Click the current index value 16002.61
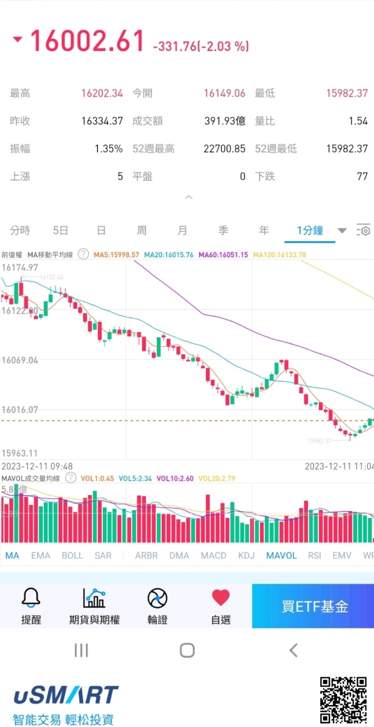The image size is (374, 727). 88,41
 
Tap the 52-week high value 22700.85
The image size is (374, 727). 224,149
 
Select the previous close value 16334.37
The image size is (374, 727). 102,121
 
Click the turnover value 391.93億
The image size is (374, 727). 225,121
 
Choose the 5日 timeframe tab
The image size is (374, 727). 60,231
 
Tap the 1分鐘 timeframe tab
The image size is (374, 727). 310,231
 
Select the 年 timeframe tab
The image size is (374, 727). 264,231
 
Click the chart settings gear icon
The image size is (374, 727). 364,231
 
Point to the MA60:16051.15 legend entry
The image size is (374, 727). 223,255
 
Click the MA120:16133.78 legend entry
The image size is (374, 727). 279,255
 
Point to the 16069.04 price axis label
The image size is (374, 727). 20,360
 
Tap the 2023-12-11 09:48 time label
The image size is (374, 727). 37,466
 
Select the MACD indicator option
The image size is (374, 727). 213,555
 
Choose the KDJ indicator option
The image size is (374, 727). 246,555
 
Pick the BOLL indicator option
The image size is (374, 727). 72,555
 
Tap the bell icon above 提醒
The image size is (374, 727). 31,597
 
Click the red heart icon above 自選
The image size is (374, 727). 221,597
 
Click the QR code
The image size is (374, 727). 343,700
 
